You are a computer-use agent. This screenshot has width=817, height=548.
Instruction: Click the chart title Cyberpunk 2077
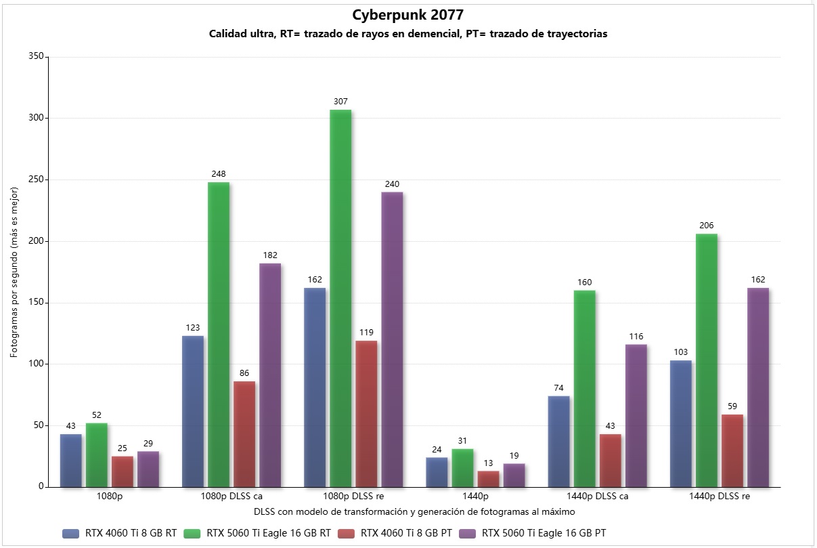tap(408, 15)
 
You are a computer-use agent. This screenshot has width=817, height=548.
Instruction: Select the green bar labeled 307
tap(340, 298)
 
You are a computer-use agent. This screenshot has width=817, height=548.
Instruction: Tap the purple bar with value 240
tap(392, 339)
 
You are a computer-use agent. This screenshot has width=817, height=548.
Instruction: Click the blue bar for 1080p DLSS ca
tap(193, 410)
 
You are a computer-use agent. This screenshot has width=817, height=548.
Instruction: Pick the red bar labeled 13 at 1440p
tap(488, 479)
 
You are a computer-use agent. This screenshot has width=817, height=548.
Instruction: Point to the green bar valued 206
tap(706, 360)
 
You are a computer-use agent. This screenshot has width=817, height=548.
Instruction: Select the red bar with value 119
tap(366, 413)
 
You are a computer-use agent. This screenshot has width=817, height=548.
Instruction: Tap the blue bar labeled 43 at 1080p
tap(71, 460)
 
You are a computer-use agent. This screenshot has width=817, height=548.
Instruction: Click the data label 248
tap(219, 174)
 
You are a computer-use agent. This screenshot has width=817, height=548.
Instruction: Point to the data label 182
tap(270, 255)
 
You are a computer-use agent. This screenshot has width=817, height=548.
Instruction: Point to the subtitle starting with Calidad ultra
tap(408, 35)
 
